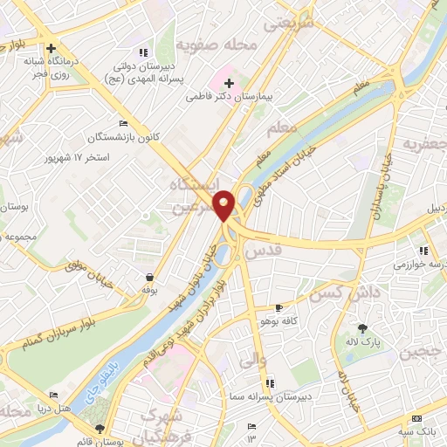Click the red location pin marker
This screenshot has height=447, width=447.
tap(224, 205)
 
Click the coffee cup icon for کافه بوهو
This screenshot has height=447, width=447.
tap(279, 307)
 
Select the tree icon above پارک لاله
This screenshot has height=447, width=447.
tap(362, 328)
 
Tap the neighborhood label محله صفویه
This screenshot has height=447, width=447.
tap(207, 44)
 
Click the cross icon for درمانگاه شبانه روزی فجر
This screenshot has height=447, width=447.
tap(52, 49)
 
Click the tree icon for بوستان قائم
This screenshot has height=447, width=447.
tap(100, 429)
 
